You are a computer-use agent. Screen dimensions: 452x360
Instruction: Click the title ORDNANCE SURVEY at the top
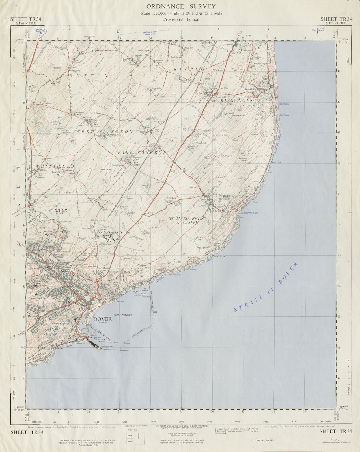[181, 6]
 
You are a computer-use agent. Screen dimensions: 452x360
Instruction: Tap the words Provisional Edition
[181, 19]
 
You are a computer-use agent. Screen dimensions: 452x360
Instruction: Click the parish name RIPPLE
[185, 69]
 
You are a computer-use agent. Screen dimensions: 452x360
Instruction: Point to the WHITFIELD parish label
[55, 166]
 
